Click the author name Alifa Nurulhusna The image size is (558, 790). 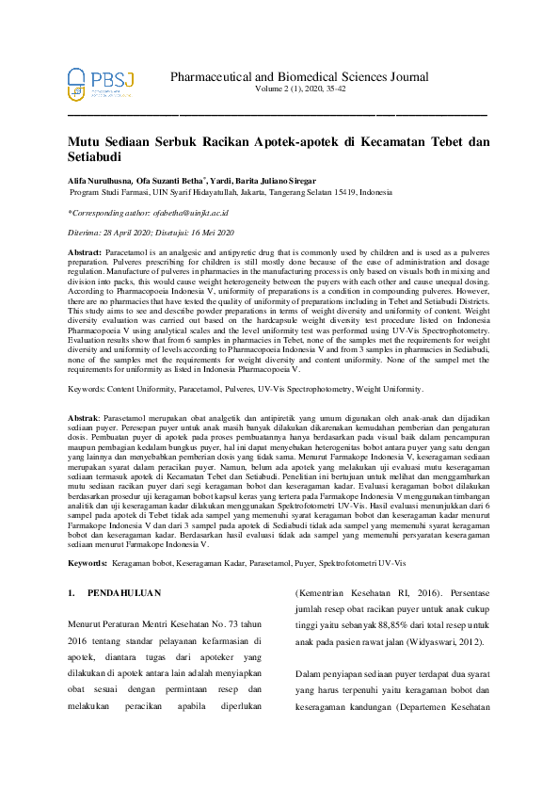click(x=100, y=180)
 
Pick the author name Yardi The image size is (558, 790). click(x=222, y=180)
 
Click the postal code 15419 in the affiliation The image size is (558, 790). click(x=343, y=190)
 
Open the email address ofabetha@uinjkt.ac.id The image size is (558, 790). click(x=190, y=213)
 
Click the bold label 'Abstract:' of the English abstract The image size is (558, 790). click(x=85, y=254)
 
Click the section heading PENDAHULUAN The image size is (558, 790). click(x=124, y=594)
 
